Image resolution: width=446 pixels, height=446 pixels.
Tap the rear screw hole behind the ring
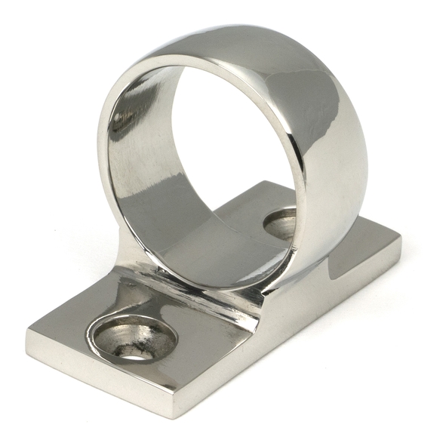click(x=281, y=223)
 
